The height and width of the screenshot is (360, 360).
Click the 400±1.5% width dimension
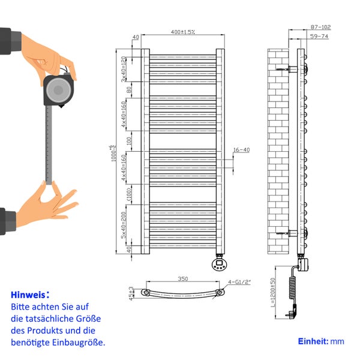click(182, 31)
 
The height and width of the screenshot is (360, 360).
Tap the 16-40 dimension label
click(241, 150)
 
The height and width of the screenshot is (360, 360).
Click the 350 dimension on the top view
click(182, 279)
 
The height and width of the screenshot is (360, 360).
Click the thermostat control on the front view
click(220, 263)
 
